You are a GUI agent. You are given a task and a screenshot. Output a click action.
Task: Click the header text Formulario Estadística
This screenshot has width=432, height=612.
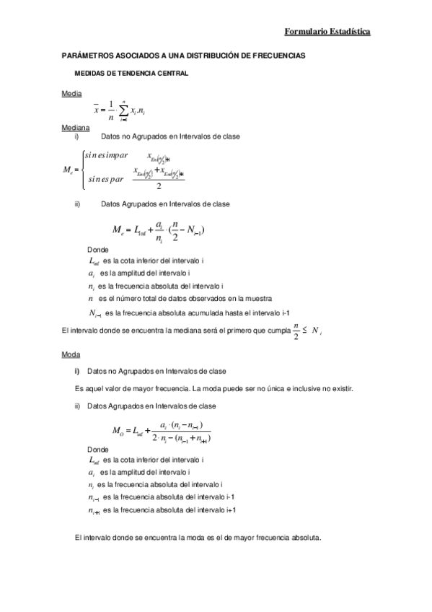click(327, 32)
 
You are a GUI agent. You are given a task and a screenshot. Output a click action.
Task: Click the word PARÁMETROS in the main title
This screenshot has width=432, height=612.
click(86, 56)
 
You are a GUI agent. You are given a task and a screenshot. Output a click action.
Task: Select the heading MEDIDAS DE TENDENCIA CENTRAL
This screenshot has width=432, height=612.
click(132, 74)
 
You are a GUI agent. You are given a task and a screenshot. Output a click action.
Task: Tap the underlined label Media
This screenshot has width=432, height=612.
click(71, 94)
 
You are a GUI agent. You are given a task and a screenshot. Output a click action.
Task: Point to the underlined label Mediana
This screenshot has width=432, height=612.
click(76, 127)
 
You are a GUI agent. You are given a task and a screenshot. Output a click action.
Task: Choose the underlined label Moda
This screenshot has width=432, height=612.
click(71, 354)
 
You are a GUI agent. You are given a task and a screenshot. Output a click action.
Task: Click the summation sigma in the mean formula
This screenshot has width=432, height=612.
click(123, 110)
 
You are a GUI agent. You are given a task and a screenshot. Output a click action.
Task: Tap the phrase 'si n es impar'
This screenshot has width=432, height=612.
click(106, 154)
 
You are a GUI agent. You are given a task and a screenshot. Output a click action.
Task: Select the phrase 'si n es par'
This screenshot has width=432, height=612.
click(105, 178)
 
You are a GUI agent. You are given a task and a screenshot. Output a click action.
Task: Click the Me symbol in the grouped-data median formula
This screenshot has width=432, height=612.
click(119, 230)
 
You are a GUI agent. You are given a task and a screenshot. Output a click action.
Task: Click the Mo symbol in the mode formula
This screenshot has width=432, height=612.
click(119, 432)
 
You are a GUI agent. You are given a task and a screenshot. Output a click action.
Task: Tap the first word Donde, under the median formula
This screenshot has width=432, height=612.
click(97, 249)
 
